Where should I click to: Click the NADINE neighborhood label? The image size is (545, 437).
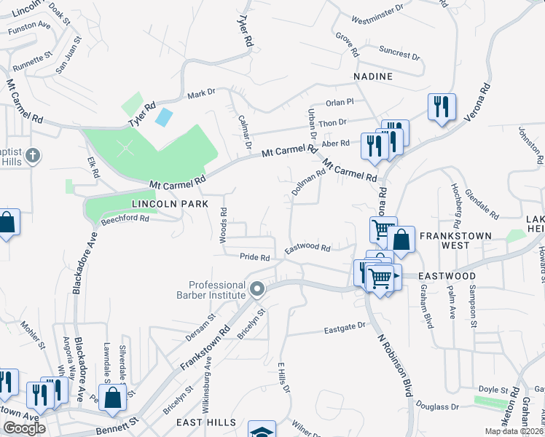373,76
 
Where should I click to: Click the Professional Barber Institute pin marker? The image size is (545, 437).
256,290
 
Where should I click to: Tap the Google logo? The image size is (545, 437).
24,428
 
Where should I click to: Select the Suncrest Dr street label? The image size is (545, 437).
399,52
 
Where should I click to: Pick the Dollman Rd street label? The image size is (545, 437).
307,183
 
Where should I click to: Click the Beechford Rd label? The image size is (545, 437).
125,218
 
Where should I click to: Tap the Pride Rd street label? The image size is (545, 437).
256,257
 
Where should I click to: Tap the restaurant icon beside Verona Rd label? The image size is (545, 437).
441,106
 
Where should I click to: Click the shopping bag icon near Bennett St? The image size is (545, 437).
112,398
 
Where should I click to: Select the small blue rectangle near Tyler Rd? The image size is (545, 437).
165,116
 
